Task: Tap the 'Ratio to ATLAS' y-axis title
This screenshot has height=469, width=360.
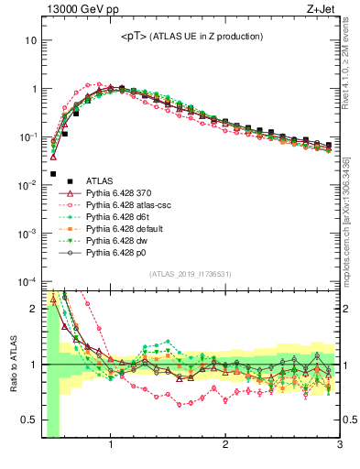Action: click(13, 365)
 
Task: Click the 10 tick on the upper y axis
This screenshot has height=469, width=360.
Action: click(31, 41)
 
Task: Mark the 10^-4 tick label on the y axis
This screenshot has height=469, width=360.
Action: click(27, 280)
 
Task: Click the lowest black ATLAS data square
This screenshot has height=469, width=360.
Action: click(53, 173)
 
